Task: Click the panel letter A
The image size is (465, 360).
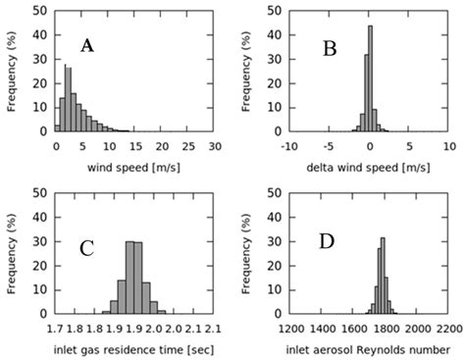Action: (87, 46)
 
